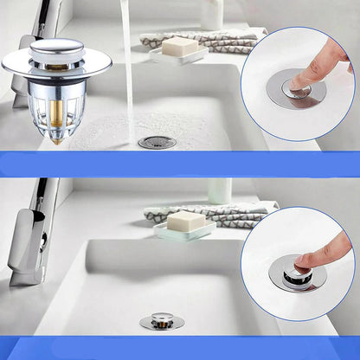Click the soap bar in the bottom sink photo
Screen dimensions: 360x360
[185, 221]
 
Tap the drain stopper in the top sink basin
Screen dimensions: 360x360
[157, 142]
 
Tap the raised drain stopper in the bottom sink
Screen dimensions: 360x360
[162, 320]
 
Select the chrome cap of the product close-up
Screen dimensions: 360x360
[56, 58]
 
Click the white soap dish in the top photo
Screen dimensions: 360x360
[177, 57]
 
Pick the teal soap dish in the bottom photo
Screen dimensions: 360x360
[183, 233]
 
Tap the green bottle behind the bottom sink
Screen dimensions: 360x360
[218, 191]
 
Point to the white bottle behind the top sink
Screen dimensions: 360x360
[211, 13]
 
